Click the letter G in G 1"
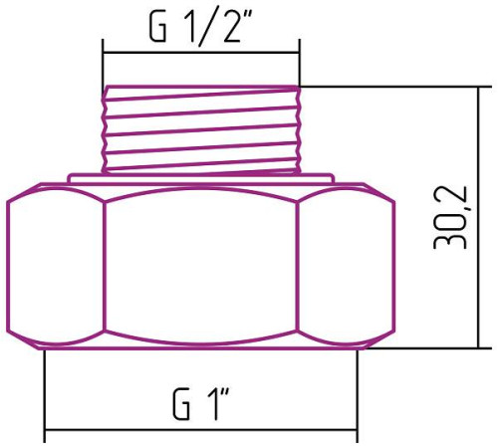(x=181, y=405)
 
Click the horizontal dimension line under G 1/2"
(x=200, y=52)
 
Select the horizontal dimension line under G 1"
(x=200, y=435)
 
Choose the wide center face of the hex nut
(x=200, y=264)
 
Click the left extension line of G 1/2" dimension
(x=103, y=65)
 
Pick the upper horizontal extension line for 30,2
(x=398, y=85)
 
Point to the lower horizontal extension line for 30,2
(x=428, y=347)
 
